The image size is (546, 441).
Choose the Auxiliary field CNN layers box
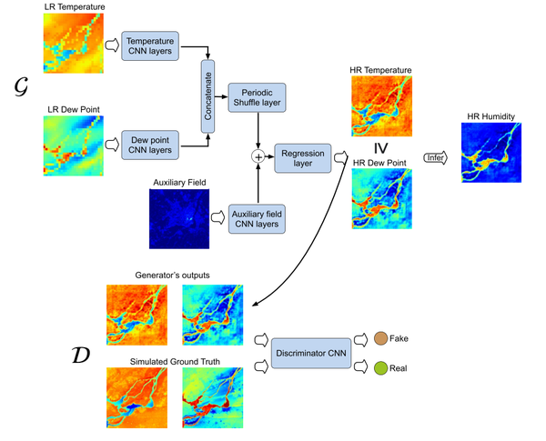point(257,218)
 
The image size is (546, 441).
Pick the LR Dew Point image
point(72,145)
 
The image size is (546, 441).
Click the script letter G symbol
point(21,87)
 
